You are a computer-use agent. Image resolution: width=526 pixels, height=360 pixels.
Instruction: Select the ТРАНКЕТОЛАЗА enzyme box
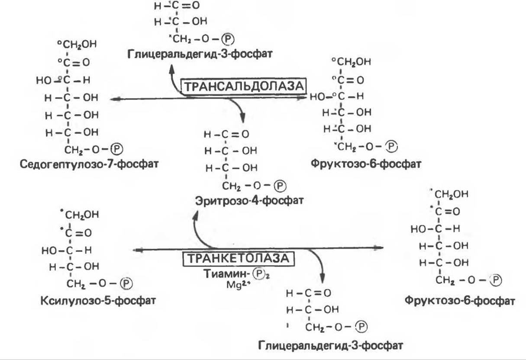[x=238, y=258]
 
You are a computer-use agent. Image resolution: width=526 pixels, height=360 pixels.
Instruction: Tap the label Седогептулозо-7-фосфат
[x=89, y=164]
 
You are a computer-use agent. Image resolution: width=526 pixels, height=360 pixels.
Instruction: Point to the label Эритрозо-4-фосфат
[x=248, y=201]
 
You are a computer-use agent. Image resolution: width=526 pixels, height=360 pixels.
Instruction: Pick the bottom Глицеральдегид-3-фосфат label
[x=330, y=345]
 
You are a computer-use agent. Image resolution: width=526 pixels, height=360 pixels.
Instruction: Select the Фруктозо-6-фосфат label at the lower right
[x=459, y=300]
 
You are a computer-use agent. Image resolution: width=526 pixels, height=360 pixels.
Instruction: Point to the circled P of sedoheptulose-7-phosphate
[x=117, y=149]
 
